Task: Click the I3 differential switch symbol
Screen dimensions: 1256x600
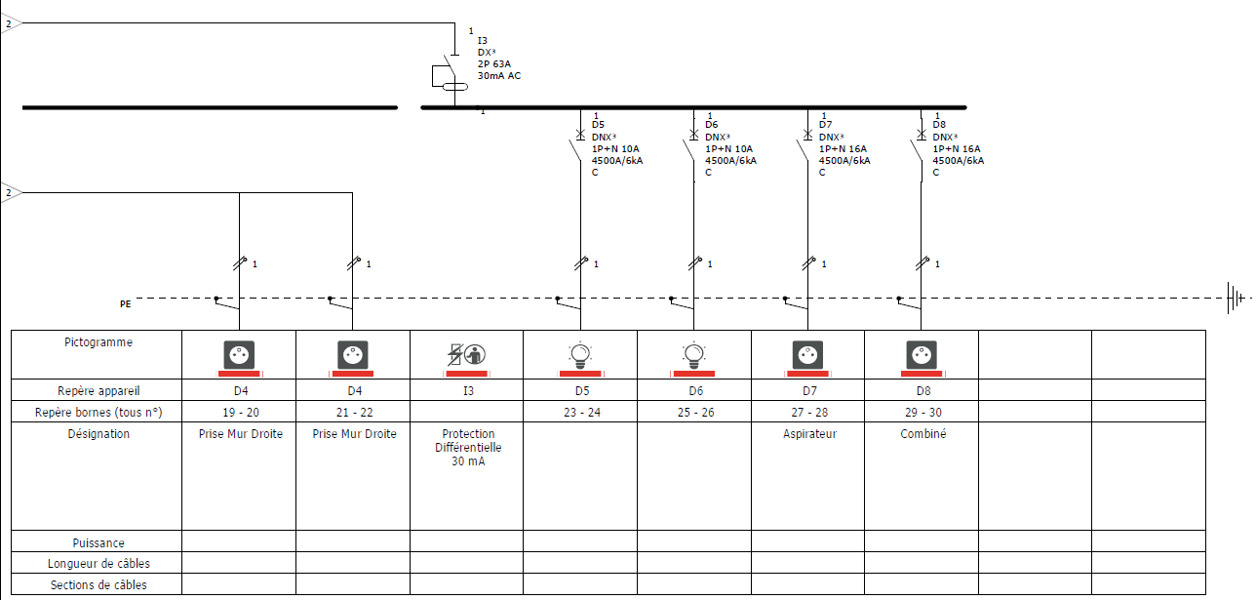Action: pyautogui.click(x=450, y=77)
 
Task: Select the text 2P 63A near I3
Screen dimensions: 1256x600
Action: pyautogui.click(x=494, y=64)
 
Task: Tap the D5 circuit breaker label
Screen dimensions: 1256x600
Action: pyautogui.click(x=598, y=125)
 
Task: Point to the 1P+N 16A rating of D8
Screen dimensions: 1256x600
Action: pyautogui.click(x=957, y=148)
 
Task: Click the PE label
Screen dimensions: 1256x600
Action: pyautogui.click(x=125, y=304)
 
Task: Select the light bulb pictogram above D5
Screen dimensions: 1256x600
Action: pyautogui.click(x=580, y=354)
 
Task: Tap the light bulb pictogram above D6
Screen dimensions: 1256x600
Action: pyautogui.click(x=693, y=354)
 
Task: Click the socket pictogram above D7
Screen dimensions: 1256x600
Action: pyautogui.click(x=808, y=355)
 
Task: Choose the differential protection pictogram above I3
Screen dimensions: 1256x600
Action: pyautogui.click(x=466, y=354)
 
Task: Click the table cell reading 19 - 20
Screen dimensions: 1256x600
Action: pyautogui.click(x=241, y=412)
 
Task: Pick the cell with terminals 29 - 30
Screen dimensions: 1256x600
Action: pyautogui.click(x=922, y=412)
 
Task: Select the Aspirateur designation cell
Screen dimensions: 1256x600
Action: pyautogui.click(x=809, y=476)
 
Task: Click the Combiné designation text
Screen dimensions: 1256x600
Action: pyautogui.click(x=922, y=434)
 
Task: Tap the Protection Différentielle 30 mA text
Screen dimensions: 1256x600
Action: pyautogui.click(x=468, y=448)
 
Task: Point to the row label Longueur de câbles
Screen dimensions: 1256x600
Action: pyautogui.click(x=98, y=564)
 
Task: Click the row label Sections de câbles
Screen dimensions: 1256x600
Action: pyautogui.click(x=98, y=584)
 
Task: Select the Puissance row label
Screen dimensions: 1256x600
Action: pyautogui.click(x=98, y=542)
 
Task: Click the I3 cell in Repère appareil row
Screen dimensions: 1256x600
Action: pyautogui.click(x=468, y=390)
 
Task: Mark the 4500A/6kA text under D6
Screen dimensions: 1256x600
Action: pyautogui.click(x=730, y=160)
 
